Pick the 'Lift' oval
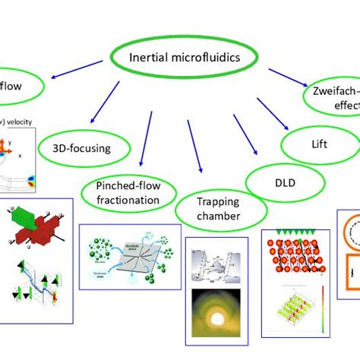pos(319,142)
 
